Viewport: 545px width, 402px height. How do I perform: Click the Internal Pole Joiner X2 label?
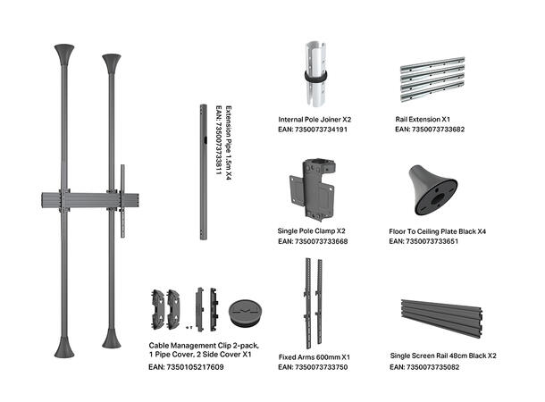click(314, 120)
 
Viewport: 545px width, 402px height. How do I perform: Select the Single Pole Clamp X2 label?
click(312, 231)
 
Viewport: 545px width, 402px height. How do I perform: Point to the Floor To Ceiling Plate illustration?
click(432, 189)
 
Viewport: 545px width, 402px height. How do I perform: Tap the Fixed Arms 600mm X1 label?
click(314, 357)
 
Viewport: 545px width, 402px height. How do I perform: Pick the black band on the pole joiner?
click(315, 77)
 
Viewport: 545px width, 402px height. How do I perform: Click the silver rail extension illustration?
click(432, 80)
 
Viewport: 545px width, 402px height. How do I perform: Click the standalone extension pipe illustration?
click(204, 172)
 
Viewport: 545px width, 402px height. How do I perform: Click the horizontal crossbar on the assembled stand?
click(90, 200)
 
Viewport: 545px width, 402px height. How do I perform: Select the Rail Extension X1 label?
click(423, 120)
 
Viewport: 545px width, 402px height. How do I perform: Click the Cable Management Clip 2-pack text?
click(204, 346)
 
